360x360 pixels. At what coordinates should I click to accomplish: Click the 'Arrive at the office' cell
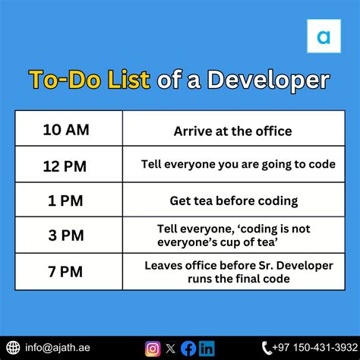point(232,131)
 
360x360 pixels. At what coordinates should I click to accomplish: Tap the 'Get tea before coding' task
point(232,201)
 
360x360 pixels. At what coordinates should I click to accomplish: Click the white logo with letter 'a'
point(324,36)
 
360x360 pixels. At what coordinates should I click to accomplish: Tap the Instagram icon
point(153,349)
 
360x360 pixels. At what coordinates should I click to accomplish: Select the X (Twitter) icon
point(171,349)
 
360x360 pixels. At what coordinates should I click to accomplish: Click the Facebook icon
point(188,349)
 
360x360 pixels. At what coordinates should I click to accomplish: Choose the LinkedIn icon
point(206,349)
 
